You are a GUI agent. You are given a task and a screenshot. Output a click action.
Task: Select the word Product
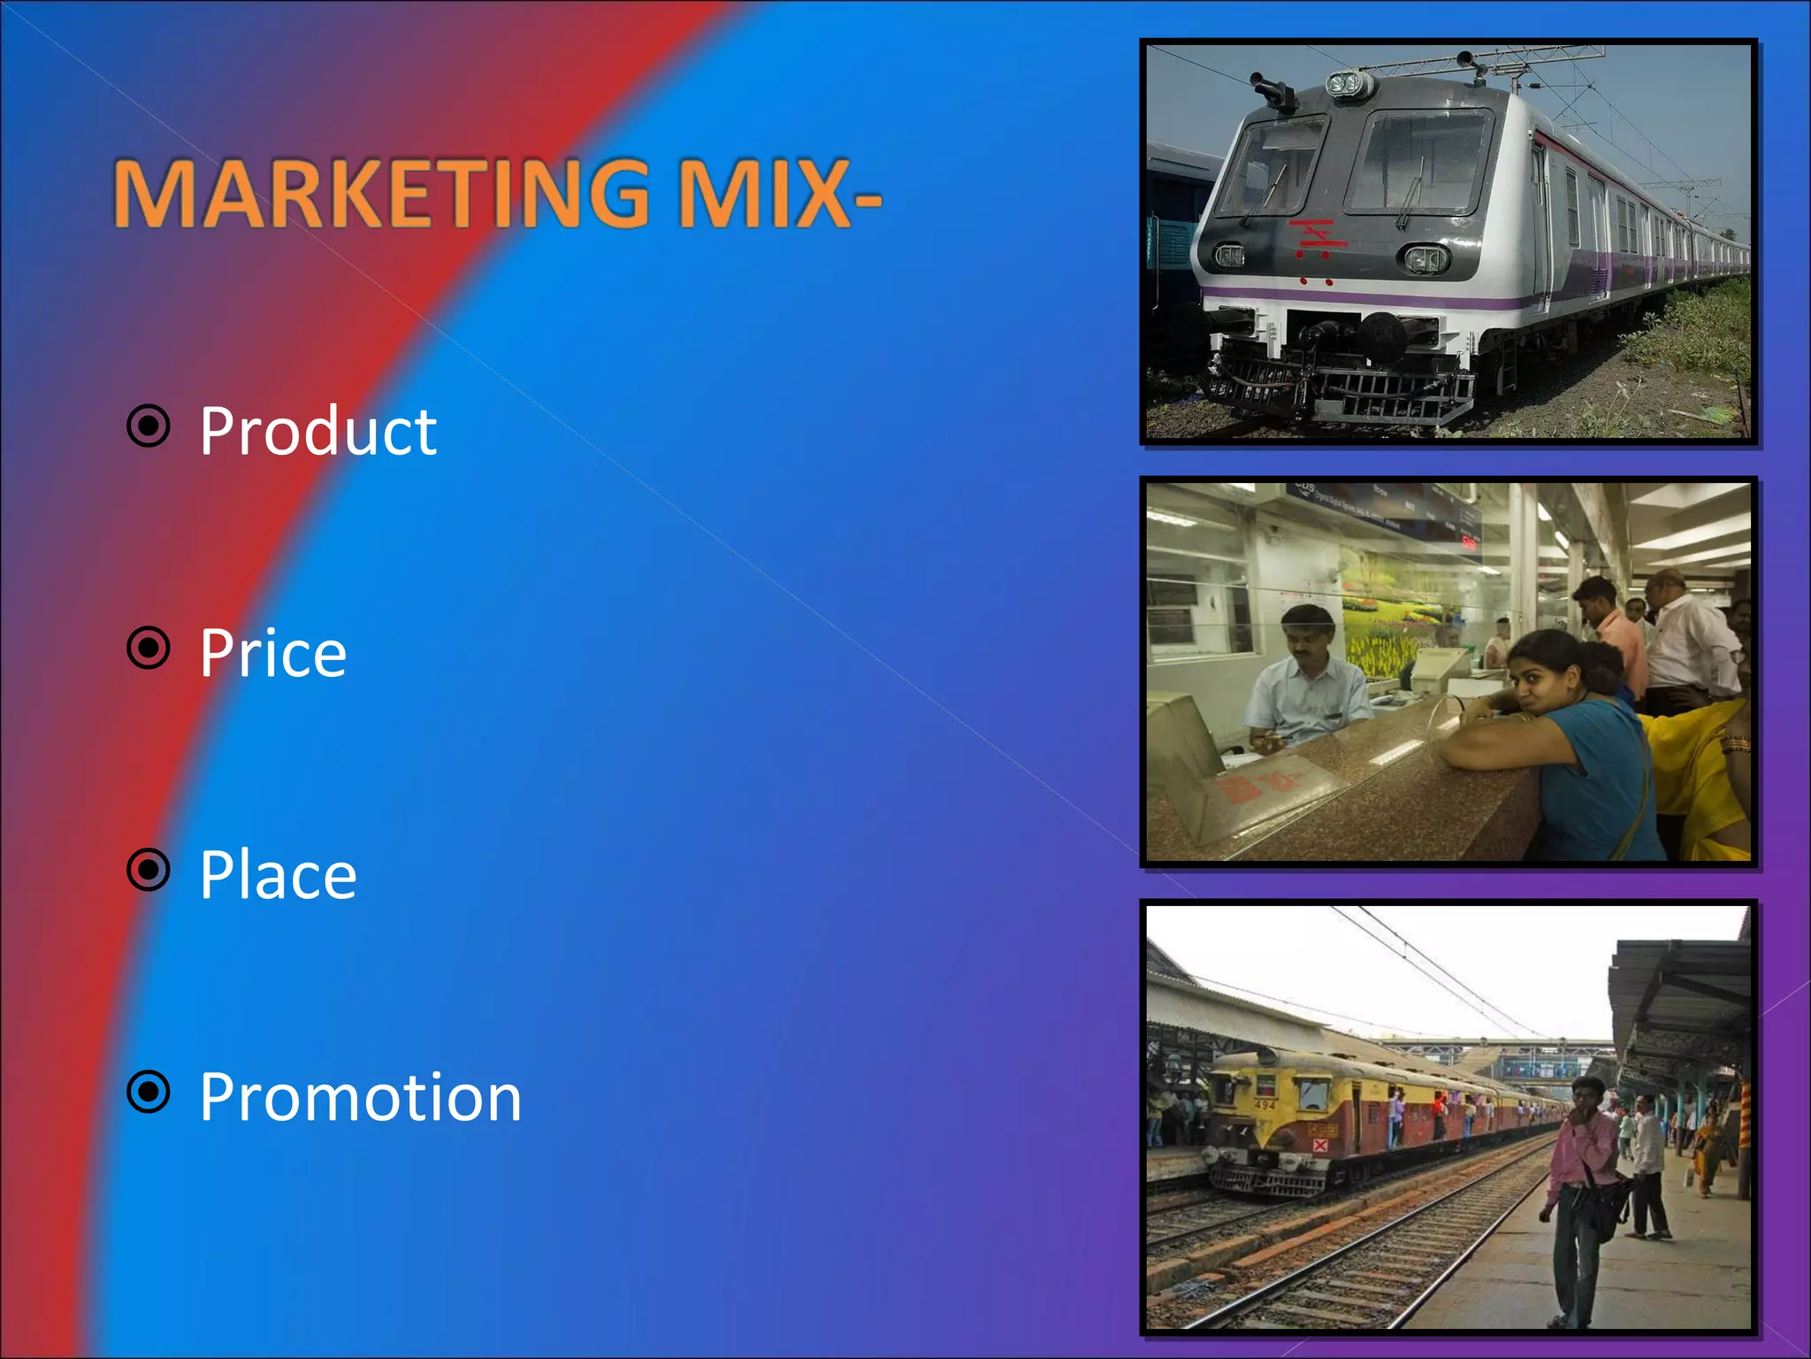click(x=317, y=432)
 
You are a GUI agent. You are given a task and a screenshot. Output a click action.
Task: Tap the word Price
click(x=272, y=654)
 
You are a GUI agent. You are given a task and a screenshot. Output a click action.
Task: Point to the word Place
click(x=278, y=875)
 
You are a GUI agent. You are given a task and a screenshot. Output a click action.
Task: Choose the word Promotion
click(x=360, y=1097)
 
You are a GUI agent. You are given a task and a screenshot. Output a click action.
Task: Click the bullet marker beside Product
click(x=149, y=426)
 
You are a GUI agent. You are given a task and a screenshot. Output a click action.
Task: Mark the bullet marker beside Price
click(x=149, y=649)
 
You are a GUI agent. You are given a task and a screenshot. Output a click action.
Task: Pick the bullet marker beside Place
click(x=149, y=870)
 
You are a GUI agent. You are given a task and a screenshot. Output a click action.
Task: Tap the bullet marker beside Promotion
click(x=149, y=1092)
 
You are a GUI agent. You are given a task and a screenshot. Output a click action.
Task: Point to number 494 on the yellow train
click(x=1265, y=1105)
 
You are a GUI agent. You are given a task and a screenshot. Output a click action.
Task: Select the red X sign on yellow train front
click(x=1319, y=1145)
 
